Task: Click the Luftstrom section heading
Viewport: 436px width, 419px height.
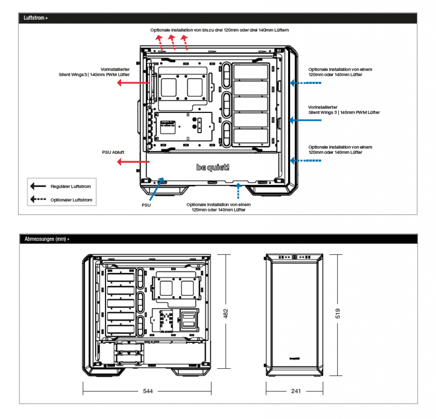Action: coord(36,18)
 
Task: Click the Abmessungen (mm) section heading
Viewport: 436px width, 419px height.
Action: coord(47,239)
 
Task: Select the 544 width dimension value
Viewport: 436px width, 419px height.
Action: coord(148,391)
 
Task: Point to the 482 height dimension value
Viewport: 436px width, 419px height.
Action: coord(226,313)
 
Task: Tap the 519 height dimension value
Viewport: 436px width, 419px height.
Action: coord(338,313)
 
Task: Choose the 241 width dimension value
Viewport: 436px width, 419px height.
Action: coord(296,391)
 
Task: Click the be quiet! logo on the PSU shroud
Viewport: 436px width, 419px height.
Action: coord(213,167)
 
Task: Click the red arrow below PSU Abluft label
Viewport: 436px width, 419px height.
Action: coord(134,162)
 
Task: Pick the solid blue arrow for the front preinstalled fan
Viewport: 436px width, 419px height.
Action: coord(305,120)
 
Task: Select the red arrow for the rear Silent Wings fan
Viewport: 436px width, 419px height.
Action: coord(134,83)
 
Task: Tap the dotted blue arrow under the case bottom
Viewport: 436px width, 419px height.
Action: coord(238,191)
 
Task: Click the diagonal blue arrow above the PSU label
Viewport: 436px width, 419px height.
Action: coord(157,189)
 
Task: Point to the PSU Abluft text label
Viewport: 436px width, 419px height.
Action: coord(113,152)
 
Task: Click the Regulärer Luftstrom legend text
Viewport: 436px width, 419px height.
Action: coord(71,187)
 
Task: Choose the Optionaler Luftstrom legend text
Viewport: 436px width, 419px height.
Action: coord(71,200)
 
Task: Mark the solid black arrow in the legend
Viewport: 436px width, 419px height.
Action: coord(38,186)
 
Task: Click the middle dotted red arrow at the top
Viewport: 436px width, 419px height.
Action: coord(172,43)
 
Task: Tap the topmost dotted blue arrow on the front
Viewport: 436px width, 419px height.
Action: coord(305,83)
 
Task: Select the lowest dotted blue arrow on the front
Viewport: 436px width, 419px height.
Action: coord(305,160)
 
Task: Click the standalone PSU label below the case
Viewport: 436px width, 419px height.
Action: coord(146,205)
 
